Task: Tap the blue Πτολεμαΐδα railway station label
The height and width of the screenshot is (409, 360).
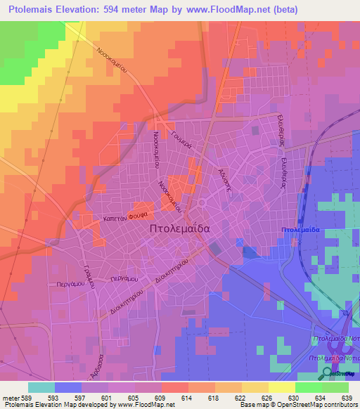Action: [300, 231]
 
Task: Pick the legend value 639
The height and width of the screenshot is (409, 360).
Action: [347, 397]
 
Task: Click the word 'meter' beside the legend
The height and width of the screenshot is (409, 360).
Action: [12, 397]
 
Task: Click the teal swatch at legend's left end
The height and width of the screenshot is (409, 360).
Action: [41, 387]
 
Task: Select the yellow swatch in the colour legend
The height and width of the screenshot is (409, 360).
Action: [282, 387]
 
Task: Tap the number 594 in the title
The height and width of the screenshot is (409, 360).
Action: [124, 10]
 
